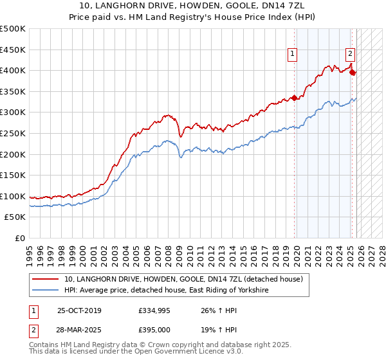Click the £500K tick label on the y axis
tap(13, 29)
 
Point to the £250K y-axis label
tap(13, 134)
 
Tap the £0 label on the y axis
tap(19, 239)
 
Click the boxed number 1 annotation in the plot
tap(293, 55)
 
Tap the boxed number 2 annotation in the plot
tap(350, 55)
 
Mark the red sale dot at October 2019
tap(295, 98)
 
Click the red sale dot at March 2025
tap(353, 72)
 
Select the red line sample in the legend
tap(46, 280)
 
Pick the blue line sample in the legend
tap(46, 291)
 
